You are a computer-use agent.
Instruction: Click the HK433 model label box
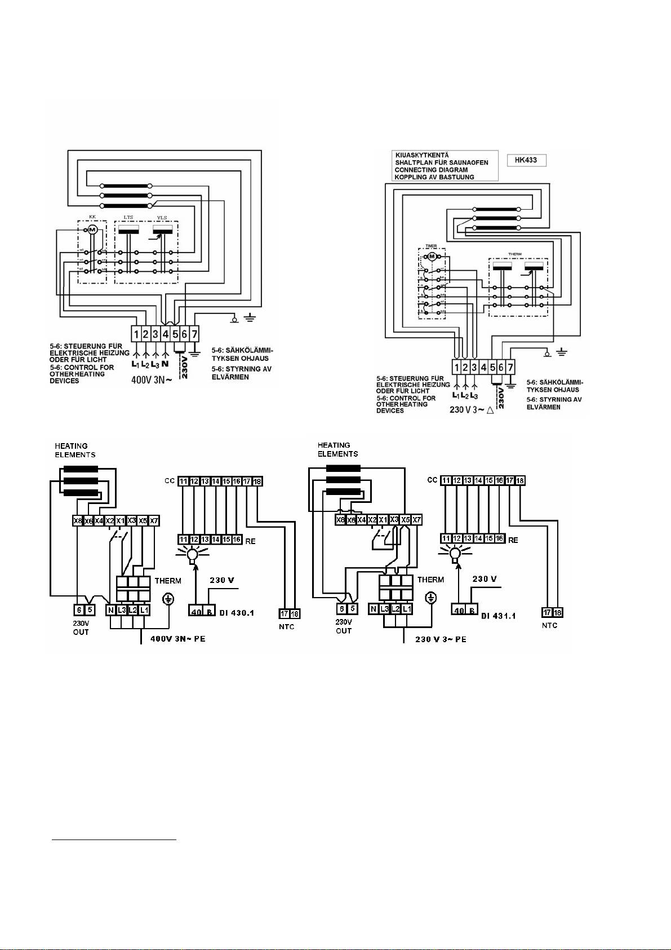click(x=526, y=160)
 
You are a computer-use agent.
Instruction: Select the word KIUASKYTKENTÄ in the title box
click(x=422, y=155)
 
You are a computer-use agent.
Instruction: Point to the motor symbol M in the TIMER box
click(x=432, y=257)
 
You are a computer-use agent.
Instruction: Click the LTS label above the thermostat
click(x=129, y=218)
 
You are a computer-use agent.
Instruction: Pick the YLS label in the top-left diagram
click(x=162, y=218)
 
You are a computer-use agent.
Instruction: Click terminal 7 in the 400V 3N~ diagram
click(x=194, y=334)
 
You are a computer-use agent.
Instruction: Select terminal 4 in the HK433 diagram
click(x=483, y=367)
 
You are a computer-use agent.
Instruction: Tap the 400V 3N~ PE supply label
click(x=177, y=639)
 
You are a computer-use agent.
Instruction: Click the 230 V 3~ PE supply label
click(x=441, y=639)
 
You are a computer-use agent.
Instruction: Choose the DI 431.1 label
click(x=499, y=616)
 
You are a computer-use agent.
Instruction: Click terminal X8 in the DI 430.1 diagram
click(x=78, y=521)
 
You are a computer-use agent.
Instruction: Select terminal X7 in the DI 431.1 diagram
click(x=416, y=520)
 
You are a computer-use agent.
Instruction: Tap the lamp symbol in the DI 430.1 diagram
click(x=192, y=554)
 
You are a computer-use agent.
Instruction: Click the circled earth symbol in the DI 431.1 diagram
click(x=431, y=598)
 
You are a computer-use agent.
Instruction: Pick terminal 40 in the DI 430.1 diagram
click(x=196, y=612)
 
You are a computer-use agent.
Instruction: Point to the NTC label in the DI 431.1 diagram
click(x=550, y=625)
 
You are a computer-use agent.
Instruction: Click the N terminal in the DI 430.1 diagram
click(x=110, y=610)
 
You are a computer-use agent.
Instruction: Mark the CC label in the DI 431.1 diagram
click(x=432, y=480)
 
